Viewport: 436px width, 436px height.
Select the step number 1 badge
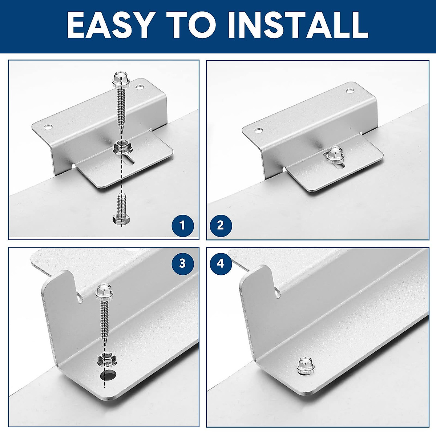coord(182,226)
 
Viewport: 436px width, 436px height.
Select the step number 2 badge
coord(220,226)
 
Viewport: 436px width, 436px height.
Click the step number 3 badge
coord(182,263)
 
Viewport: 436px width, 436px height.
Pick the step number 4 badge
coord(220,263)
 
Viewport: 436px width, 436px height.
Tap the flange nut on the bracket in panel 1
coord(120,147)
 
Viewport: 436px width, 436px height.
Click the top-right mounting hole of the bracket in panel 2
coord(350,90)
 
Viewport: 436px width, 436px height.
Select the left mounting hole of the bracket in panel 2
coord(258,130)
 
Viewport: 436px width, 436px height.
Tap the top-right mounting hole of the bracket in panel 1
coord(139,87)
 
